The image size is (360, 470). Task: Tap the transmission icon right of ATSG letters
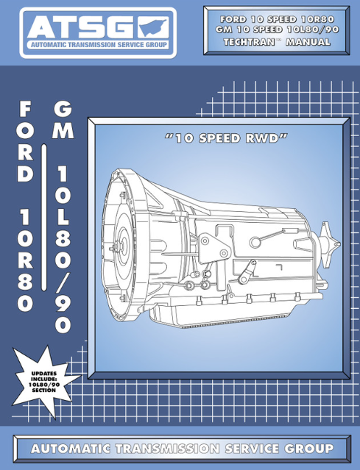154,27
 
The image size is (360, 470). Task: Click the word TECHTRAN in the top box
249,42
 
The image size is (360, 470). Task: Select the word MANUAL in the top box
308,42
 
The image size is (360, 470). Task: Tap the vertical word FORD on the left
25,141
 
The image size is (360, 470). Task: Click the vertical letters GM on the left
63,120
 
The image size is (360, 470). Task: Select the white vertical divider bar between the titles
43,217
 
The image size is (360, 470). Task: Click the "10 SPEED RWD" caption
226,138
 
